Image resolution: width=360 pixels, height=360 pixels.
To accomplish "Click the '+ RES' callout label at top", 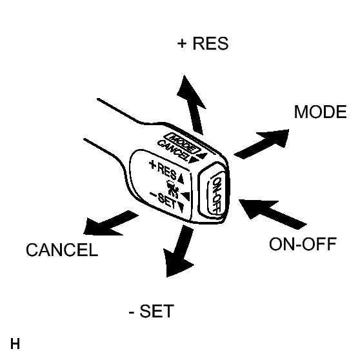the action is pyautogui.click(x=203, y=43).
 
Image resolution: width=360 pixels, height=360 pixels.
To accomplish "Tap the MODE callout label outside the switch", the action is pyautogui.click(x=320, y=112).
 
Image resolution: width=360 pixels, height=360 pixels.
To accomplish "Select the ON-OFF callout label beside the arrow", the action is pyautogui.click(x=303, y=244).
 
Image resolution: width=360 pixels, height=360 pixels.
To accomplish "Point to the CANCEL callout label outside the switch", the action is pyautogui.click(x=62, y=250).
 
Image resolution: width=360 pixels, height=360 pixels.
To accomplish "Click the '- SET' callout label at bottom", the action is pyautogui.click(x=152, y=311).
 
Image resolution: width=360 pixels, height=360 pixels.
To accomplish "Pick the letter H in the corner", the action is pyautogui.click(x=15, y=344).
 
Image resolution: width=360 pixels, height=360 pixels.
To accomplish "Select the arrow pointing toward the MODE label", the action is pyautogui.click(x=261, y=144).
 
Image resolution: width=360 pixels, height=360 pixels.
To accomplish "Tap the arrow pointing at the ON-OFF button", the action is pyautogui.click(x=273, y=214).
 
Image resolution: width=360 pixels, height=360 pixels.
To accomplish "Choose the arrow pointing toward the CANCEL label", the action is pyautogui.click(x=111, y=223).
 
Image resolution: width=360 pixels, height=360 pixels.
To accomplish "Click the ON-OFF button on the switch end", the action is pyautogui.click(x=215, y=192).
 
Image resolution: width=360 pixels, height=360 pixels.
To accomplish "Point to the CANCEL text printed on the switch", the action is pyautogui.click(x=173, y=150).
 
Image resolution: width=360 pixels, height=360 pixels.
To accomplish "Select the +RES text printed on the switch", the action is pyautogui.click(x=163, y=170).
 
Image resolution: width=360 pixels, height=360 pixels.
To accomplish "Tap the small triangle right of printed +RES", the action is pyautogui.click(x=181, y=179).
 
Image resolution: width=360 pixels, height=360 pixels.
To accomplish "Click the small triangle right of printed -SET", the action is pyautogui.click(x=181, y=207).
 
